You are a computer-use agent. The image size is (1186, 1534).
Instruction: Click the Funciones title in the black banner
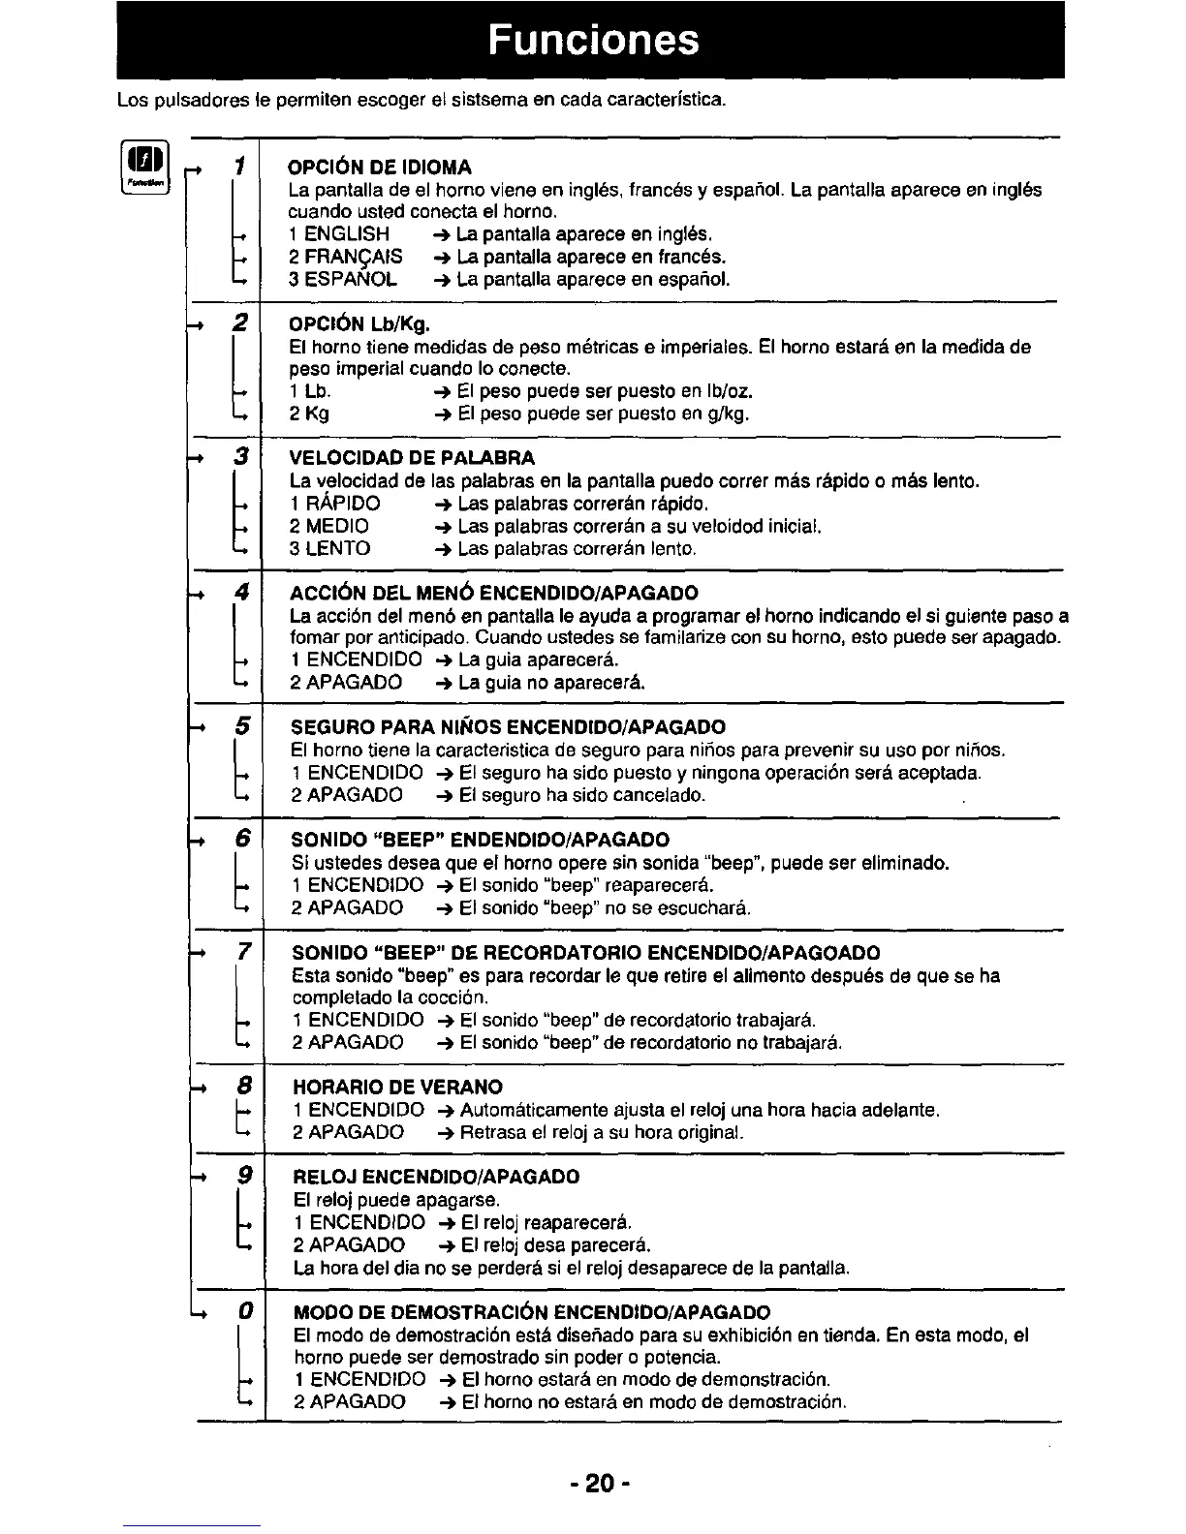click(x=593, y=40)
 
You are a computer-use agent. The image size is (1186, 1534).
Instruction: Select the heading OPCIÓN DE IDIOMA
click(x=381, y=167)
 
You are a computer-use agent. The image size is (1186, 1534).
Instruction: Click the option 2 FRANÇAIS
click(x=346, y=257)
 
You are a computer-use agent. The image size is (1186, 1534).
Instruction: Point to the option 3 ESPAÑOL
click(x=343, y=280)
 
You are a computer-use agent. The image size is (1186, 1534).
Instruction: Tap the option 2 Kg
click(x=309, y=414)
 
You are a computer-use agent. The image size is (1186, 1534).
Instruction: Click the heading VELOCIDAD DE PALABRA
click(x=413, y=457)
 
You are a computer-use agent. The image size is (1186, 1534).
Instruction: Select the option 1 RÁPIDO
click(x=335, y=504)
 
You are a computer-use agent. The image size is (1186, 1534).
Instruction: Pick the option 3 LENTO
click(x=330, y=549)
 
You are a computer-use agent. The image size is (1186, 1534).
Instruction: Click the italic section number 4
click(x=242, y=591)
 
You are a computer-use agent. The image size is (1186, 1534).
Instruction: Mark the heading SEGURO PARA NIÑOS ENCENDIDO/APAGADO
click(x=509, y=727)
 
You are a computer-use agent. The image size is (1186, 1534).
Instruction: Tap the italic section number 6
click(x=243, y=838)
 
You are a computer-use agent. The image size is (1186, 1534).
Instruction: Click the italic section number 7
click(x=244, y=952)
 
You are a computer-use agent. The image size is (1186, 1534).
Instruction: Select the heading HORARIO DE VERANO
click(x=398, y=1087)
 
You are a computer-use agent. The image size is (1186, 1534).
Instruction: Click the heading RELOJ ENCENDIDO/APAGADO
click(x=436, y=1178)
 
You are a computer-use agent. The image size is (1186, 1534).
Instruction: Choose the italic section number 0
click(x=246, y=1311)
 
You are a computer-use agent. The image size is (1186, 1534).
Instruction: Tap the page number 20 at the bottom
click(x=600, y=1483)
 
